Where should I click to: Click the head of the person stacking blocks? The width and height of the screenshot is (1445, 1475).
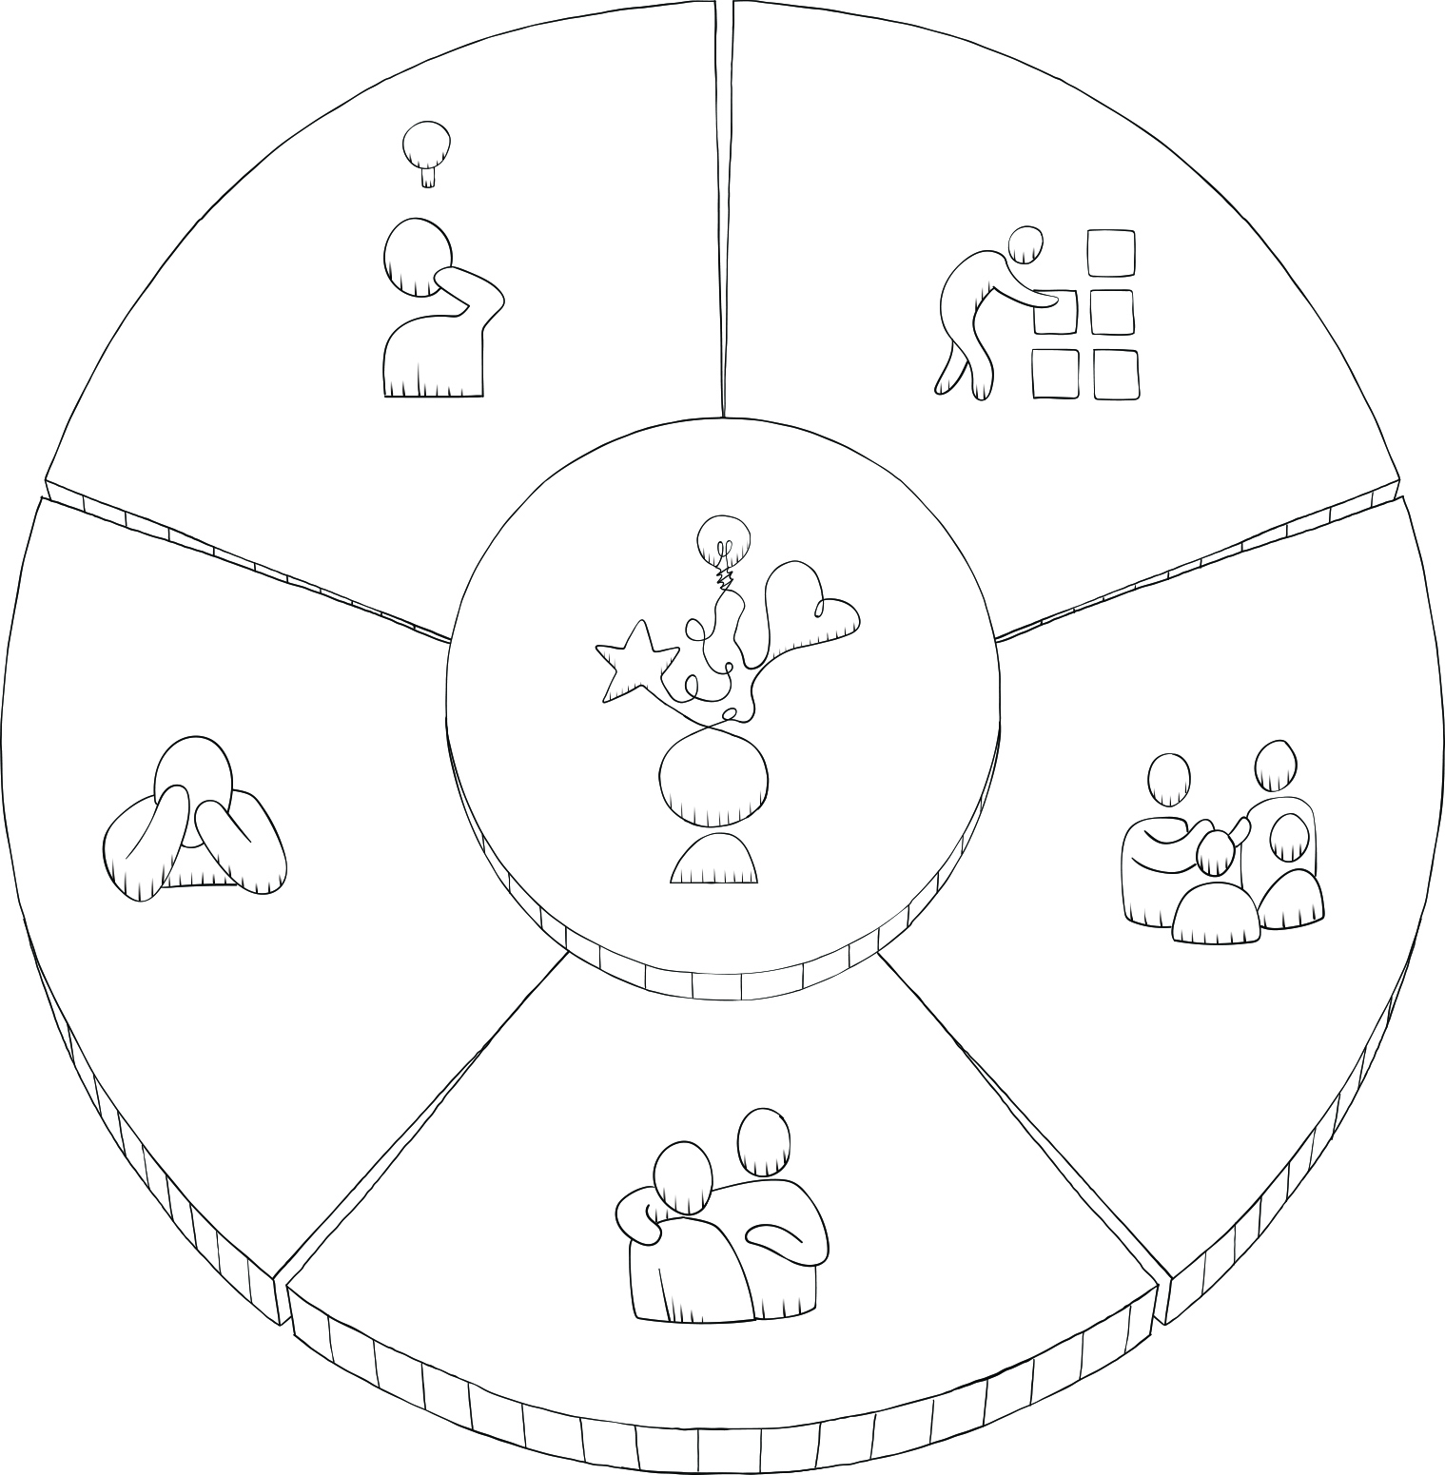coord(1026,244)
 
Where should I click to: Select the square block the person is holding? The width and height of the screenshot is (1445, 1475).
coord(1055,313)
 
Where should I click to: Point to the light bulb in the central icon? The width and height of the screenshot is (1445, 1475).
coord(723,541)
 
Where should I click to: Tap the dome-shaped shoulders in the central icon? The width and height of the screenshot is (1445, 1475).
coord(714,861)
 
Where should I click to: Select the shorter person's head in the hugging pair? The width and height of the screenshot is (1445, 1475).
coord(683,1176)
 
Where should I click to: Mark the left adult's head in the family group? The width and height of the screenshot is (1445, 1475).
coord(1169,780)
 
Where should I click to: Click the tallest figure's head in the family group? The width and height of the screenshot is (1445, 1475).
coord(1276,766)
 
